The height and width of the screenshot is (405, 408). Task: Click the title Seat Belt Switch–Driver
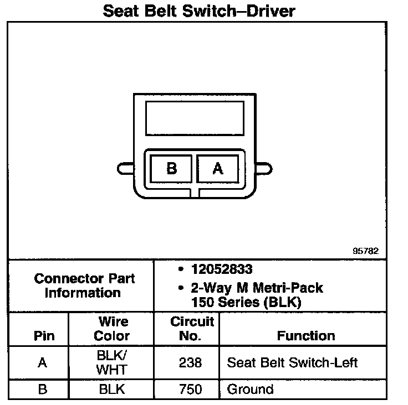pyautogui.click(x=198, y=11)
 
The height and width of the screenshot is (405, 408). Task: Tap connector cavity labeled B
pyautogui.click(x=171, y=168)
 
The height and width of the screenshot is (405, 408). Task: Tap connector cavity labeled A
pyautogui.click(x=218, y=168)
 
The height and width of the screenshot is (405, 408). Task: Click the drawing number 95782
pyautogui.click(x=365, y=251)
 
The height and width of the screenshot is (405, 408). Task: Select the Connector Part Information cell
pyautogui.click(x=83, y=285)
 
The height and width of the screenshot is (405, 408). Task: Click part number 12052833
pyautogui.click(x=221, y=269)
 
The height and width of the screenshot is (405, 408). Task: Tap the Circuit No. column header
pyautogui.click(x=192, y=329)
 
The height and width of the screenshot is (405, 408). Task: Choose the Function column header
pyautogui.click(x=306, y=336)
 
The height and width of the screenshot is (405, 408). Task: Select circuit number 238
pyautogui.click(x=190, y=363)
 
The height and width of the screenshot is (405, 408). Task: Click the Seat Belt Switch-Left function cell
pyautogui.click(x=292, y=363)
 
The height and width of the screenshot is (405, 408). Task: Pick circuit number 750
pyautogui.click(x=190, y=389)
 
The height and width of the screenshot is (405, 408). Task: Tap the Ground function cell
pyautogui.click(x=250, y=389)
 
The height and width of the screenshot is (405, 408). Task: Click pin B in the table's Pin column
pyautogui.click(x=42, y=389)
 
